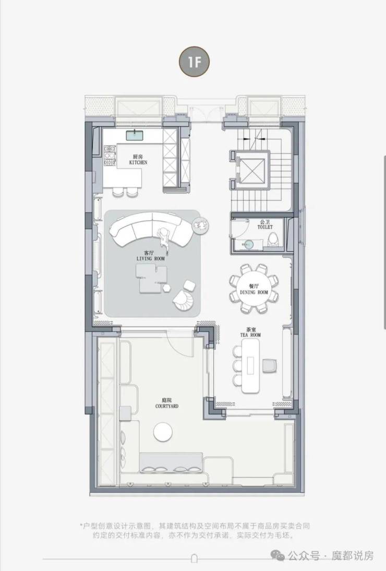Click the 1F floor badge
click(x=194, y=62)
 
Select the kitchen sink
click(x=136, y=136)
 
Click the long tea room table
click(x=251, y=366)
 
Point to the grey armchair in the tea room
click(x=270, y=365)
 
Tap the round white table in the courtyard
click(x=163, y=432)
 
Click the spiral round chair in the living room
click(x=185, y=301)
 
